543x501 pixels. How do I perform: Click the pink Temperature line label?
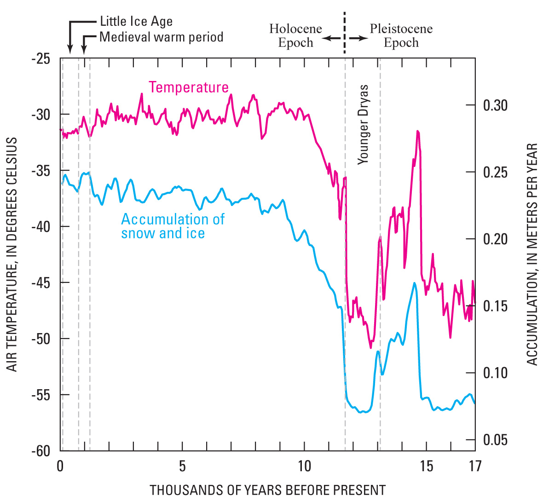click(x=189, y=87)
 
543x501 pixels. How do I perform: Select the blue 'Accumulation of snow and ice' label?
click(x=173, y=226)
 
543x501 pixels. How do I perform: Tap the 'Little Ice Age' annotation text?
click(x=136, y=22)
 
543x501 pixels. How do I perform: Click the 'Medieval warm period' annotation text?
click(x=161, y=37)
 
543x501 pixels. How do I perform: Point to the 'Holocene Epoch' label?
click(x=295, y=36)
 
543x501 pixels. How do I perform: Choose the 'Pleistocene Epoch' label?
click(x=401, y=36)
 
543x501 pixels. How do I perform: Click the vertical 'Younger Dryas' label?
click(x=364, y=124)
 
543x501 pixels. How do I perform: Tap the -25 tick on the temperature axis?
click(x=42, y=59)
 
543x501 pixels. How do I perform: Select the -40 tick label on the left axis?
click(x=42, y=226)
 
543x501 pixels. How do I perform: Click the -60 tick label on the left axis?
click(x=42, y=451)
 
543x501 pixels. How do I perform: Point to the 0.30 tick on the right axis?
click(x=495, y=105)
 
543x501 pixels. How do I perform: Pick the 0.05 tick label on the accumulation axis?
click(x=495, y=440)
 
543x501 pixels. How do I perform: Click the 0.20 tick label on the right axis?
click(x=495, y=239)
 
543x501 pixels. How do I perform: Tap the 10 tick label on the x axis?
click(x=304, y=466)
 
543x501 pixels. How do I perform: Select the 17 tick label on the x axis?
click(x=475, y=466)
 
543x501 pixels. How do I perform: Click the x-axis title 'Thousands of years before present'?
click(x=267, y=490)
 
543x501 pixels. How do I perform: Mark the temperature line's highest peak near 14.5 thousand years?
click(x=418, y=132)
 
